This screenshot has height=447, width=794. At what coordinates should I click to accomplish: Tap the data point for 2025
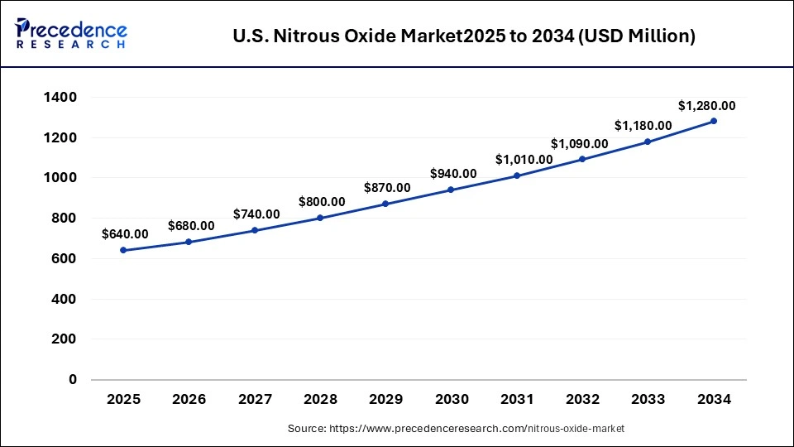[123, 250]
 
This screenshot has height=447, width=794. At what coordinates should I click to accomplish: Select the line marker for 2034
[714, 121]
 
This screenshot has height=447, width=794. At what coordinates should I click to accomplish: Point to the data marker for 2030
[451, 190]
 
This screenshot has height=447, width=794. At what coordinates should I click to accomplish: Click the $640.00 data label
[125, 234]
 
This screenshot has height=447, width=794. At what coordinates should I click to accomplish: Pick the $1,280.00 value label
[706, 105]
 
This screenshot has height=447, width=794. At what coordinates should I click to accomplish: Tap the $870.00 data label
[387, 188]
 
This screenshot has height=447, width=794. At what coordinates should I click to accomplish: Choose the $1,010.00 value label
[524, 159]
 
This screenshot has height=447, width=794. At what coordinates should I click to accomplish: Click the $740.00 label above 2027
[256, 214]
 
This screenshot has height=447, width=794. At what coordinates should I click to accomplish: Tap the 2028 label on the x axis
[320, 399]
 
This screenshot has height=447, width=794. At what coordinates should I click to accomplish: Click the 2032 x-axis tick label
[582, 399]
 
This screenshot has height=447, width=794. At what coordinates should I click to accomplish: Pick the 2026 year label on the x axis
[189, 399]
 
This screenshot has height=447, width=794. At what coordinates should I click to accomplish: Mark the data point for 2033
[648, 142]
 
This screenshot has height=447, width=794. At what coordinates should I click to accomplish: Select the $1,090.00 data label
[579, 143]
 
